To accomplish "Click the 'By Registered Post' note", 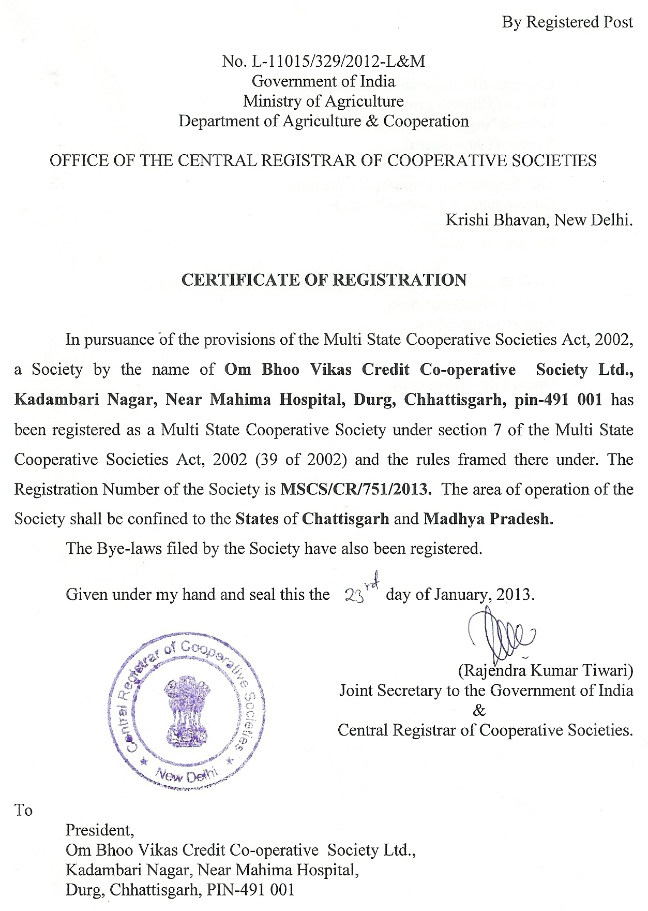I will coord(567,22).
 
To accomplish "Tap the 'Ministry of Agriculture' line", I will coord(323,101).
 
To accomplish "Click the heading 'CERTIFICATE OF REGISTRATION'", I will coord(324,280).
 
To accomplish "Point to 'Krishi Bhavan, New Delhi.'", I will coord(539,221).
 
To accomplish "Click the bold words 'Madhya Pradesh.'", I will coord(488,519).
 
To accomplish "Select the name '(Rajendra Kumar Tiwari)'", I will coord(546,671).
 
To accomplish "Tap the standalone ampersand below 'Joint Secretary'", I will coord(479,711).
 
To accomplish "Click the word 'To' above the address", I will coord(23,811).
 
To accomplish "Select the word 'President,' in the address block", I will coord(100,830).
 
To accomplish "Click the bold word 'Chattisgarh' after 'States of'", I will coord(345,519).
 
